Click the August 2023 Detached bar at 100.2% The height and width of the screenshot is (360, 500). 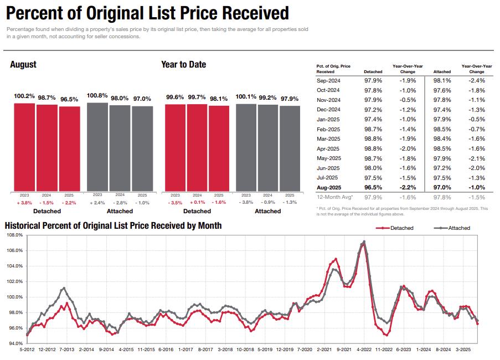(x=24, y=147)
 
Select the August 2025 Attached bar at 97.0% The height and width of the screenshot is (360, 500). (x=142, y=148)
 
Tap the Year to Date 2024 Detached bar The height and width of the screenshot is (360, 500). (x=197, y=147)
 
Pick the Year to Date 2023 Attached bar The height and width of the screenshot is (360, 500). (x=246, y=147)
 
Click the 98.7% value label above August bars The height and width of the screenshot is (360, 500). (x=47, y=97)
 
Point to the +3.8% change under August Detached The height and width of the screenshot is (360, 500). (x=24, y=203)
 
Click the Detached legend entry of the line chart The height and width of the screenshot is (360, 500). (x=395, y=228)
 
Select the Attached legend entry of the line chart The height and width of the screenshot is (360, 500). (x=452, y=228)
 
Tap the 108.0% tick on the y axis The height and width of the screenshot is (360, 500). (x=15, y=235)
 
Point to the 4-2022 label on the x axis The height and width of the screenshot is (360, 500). (x=364, y=349)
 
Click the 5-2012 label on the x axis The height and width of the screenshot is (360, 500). (x=28, y=349)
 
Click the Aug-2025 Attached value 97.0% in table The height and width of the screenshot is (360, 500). (x=442, y=187)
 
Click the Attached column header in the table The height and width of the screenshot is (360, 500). (x=442, y=71)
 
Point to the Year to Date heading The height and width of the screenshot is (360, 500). (x=183, y=64)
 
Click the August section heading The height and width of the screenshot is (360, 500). (x=23, y=64)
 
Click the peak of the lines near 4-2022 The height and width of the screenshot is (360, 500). (x=364, y=241)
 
